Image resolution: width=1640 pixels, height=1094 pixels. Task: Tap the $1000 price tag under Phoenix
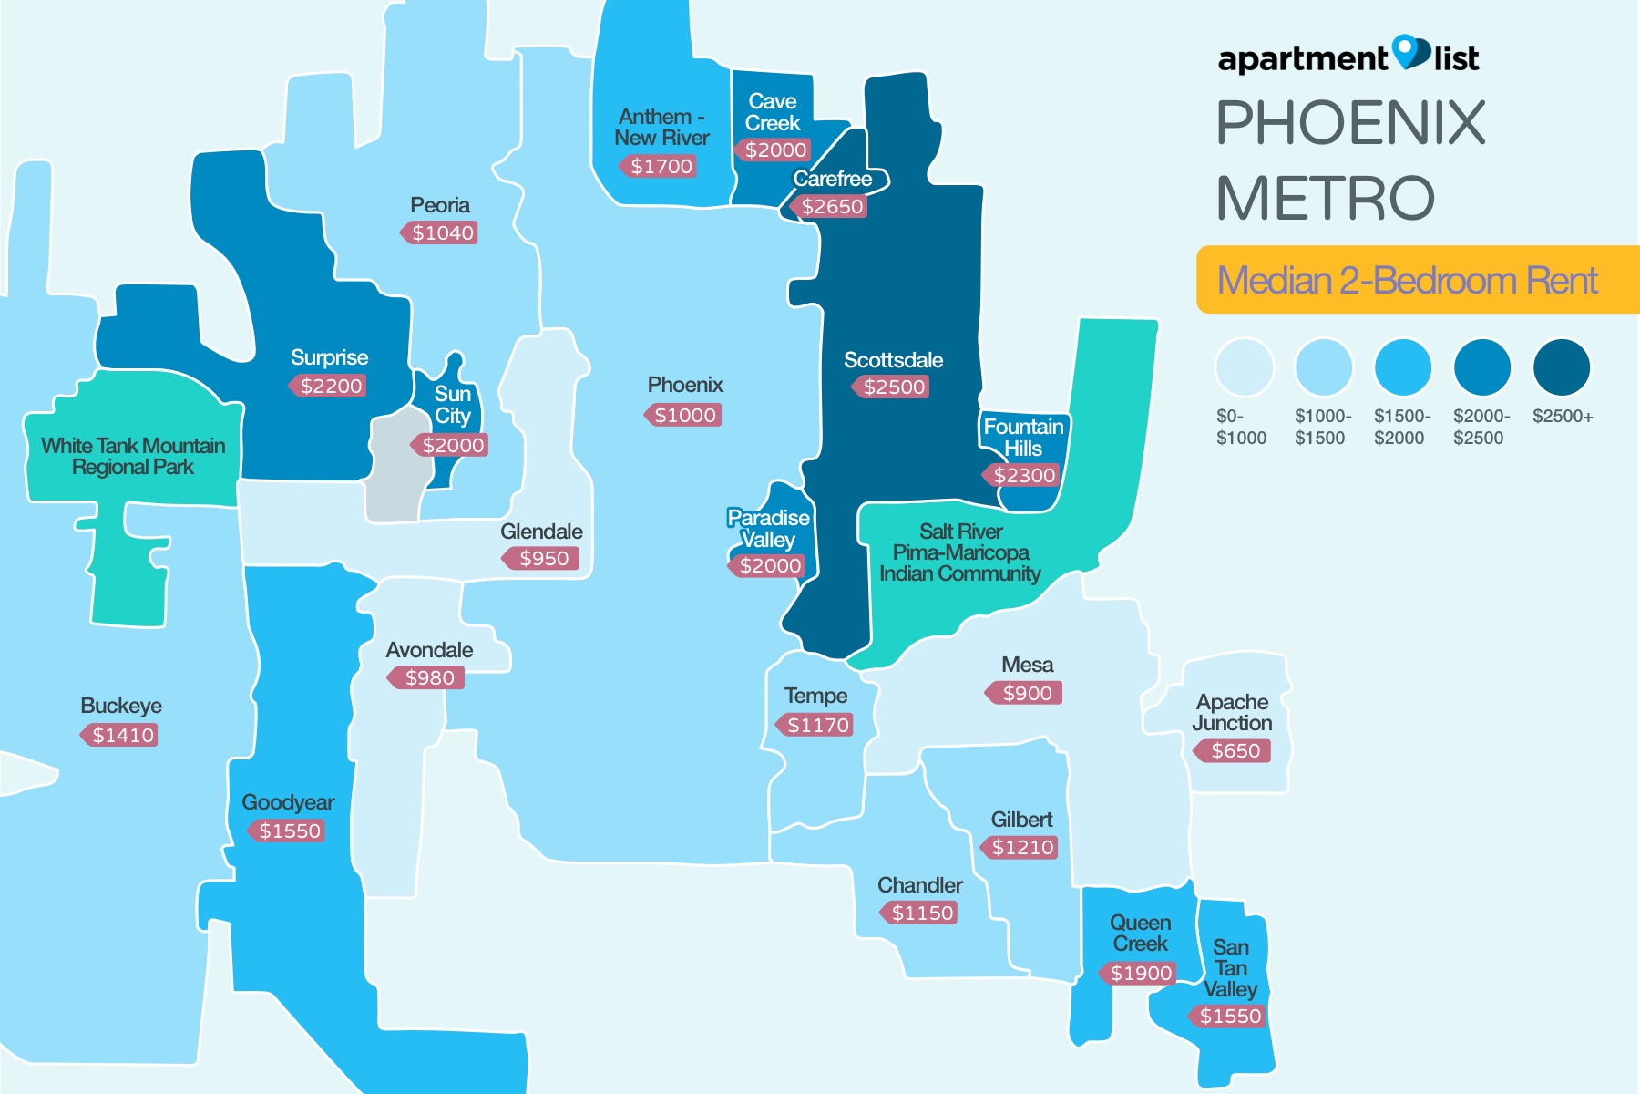684,416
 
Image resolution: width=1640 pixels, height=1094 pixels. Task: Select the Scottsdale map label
893,360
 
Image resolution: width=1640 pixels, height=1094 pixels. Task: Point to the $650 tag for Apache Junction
1234,751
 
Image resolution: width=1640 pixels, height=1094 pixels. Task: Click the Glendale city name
541,532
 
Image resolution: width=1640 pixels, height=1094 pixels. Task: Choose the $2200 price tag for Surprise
329,387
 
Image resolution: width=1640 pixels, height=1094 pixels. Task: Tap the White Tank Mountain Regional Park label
133,456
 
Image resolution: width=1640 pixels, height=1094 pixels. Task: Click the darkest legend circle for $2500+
1562,367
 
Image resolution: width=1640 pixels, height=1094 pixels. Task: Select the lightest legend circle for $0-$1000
1243,367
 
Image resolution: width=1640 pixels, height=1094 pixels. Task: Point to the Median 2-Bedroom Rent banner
1417,280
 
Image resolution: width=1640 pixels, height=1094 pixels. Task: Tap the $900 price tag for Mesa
1026,694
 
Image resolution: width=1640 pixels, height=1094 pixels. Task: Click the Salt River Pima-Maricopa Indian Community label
960,552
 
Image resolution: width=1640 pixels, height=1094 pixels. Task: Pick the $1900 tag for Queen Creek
1139,974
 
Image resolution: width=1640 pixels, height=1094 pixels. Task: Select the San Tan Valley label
1230,968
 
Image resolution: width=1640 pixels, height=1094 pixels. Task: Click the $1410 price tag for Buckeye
121,736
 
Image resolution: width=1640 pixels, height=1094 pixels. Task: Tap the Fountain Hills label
1023,438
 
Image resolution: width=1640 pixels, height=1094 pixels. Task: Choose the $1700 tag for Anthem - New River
661,167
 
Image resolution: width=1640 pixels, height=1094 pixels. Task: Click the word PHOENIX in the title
1350,123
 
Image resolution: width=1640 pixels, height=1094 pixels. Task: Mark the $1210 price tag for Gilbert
1021,848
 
